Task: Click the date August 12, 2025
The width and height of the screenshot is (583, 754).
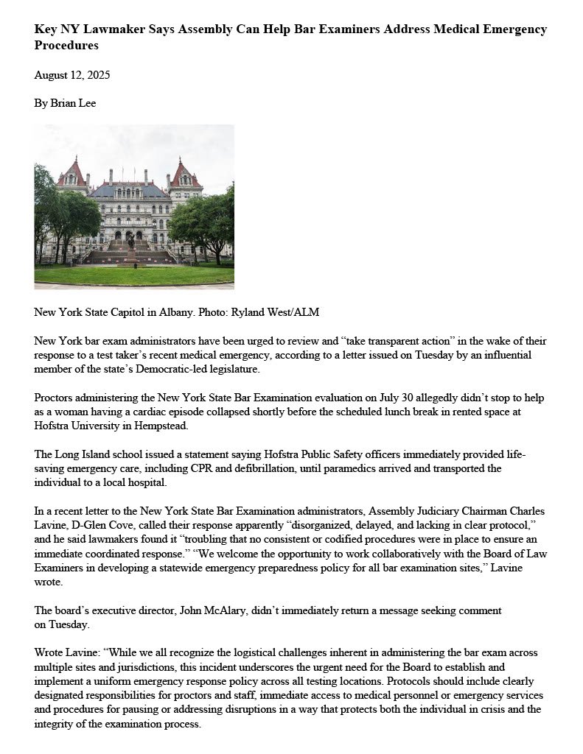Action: (72, 75)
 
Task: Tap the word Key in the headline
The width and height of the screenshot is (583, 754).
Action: (47, 29)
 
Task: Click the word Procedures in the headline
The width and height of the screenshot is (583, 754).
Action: (67, 44)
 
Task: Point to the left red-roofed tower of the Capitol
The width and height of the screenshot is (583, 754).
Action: (72, 175)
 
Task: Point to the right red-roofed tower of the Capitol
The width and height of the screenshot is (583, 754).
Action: (185, 175)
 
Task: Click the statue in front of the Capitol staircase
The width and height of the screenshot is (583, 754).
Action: (130, 242)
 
